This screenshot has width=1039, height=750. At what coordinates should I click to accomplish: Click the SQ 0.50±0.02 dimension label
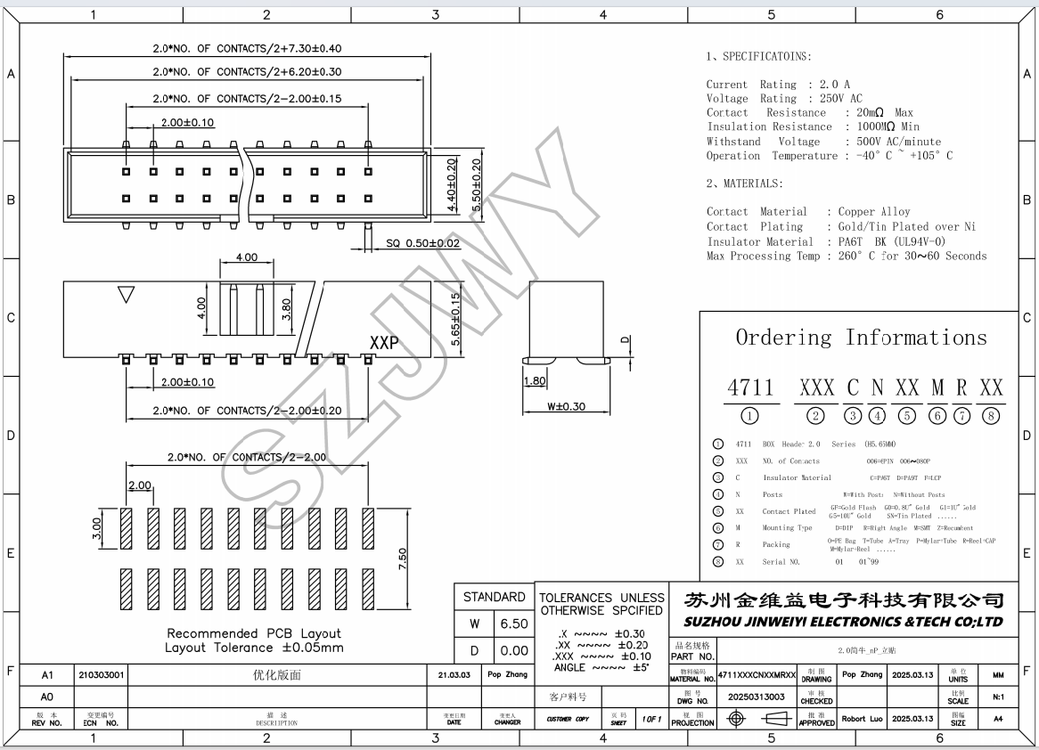(422, 242)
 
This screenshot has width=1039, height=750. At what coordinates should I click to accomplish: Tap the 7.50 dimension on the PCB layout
(403, 559)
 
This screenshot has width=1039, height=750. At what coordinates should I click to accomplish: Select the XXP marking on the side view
(384, 343)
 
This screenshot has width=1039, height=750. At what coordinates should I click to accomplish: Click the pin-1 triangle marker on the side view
(126, 295)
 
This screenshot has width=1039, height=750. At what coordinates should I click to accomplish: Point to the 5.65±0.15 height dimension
(456, 318)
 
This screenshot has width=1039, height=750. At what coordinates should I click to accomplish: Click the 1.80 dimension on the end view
(534, 381)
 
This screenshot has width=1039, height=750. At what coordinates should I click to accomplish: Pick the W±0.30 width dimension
(567, 407)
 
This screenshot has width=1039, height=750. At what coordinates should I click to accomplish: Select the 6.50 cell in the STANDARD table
(513, 624)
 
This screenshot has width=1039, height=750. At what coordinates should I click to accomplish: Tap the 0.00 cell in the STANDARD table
(513, 651)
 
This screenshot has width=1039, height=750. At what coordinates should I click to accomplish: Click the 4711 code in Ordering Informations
(750, 388)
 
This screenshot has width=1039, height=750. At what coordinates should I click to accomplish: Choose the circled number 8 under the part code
(991, 416)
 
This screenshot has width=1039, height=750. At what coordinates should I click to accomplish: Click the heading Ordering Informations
(861, 338)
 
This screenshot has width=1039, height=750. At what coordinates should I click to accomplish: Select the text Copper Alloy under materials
(874, 212)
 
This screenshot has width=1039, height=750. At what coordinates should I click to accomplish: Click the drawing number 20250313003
(757, 697)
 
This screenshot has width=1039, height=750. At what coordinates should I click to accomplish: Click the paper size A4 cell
(997, 718)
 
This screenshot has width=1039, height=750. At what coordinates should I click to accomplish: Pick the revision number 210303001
(102, 675)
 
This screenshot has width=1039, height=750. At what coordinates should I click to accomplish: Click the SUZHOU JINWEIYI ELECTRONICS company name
(843, 622)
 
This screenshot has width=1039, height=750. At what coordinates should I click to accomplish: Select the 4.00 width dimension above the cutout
(246, 257)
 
